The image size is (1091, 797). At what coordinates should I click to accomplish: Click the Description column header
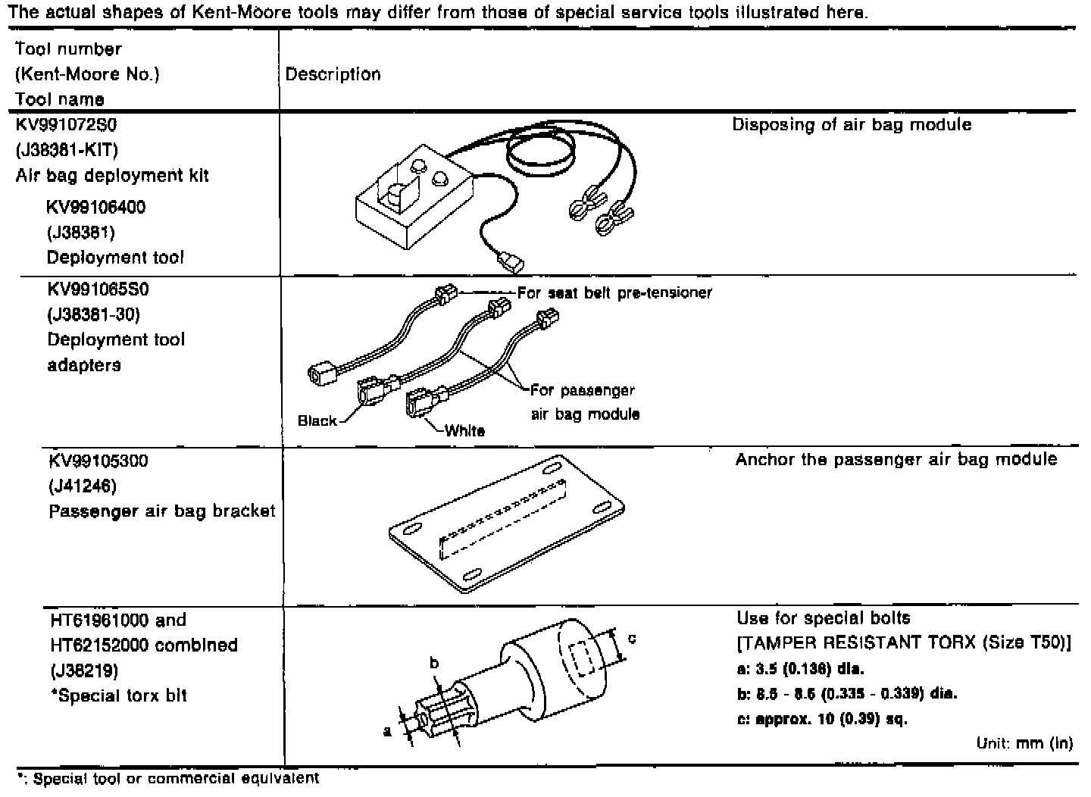pyautogui.click(x=333, y=74)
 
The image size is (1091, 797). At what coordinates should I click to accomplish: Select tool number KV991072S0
pyautogui.click(x=66, y=124)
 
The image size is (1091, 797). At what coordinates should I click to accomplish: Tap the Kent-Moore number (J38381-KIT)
pyautogui.click(x=66, y=150)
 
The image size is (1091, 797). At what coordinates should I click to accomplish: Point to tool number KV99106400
pyautogui.click(x=96, y=207)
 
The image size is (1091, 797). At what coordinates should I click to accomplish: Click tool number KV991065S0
pyautogui.click(x=98, y=289)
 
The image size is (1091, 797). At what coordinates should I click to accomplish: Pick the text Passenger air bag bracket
pyautogui.click(x=161, y=511)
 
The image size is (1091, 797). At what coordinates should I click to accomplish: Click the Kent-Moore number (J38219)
pyautogui.click(x=82, y=670)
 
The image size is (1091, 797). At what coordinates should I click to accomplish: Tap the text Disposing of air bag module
pyautogui.click(x=852, y=124)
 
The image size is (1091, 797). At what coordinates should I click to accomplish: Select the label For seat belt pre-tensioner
pyautogui.click(x=614, y=292)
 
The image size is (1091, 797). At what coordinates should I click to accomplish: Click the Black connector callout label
pyautogui.click(x=317, y=420)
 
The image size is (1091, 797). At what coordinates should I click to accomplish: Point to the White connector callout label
pyautogui.click(x=464, y=430)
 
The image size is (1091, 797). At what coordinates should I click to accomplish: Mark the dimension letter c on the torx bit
pyautogui.click(x=631, y=639)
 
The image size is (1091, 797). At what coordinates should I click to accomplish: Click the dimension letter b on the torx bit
pyautogui.click(x=434, y=663)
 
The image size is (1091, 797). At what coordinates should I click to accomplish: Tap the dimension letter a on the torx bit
pyautogui.click(x=387, y=731)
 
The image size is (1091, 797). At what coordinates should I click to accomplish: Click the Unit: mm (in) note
pyautogui.click(x=1024, y=743)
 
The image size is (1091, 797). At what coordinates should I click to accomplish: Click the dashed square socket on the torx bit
pyautogui.click(x=582, y=657)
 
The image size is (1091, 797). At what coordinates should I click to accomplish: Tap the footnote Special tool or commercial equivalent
pyautogui.click(x=168, y=778)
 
